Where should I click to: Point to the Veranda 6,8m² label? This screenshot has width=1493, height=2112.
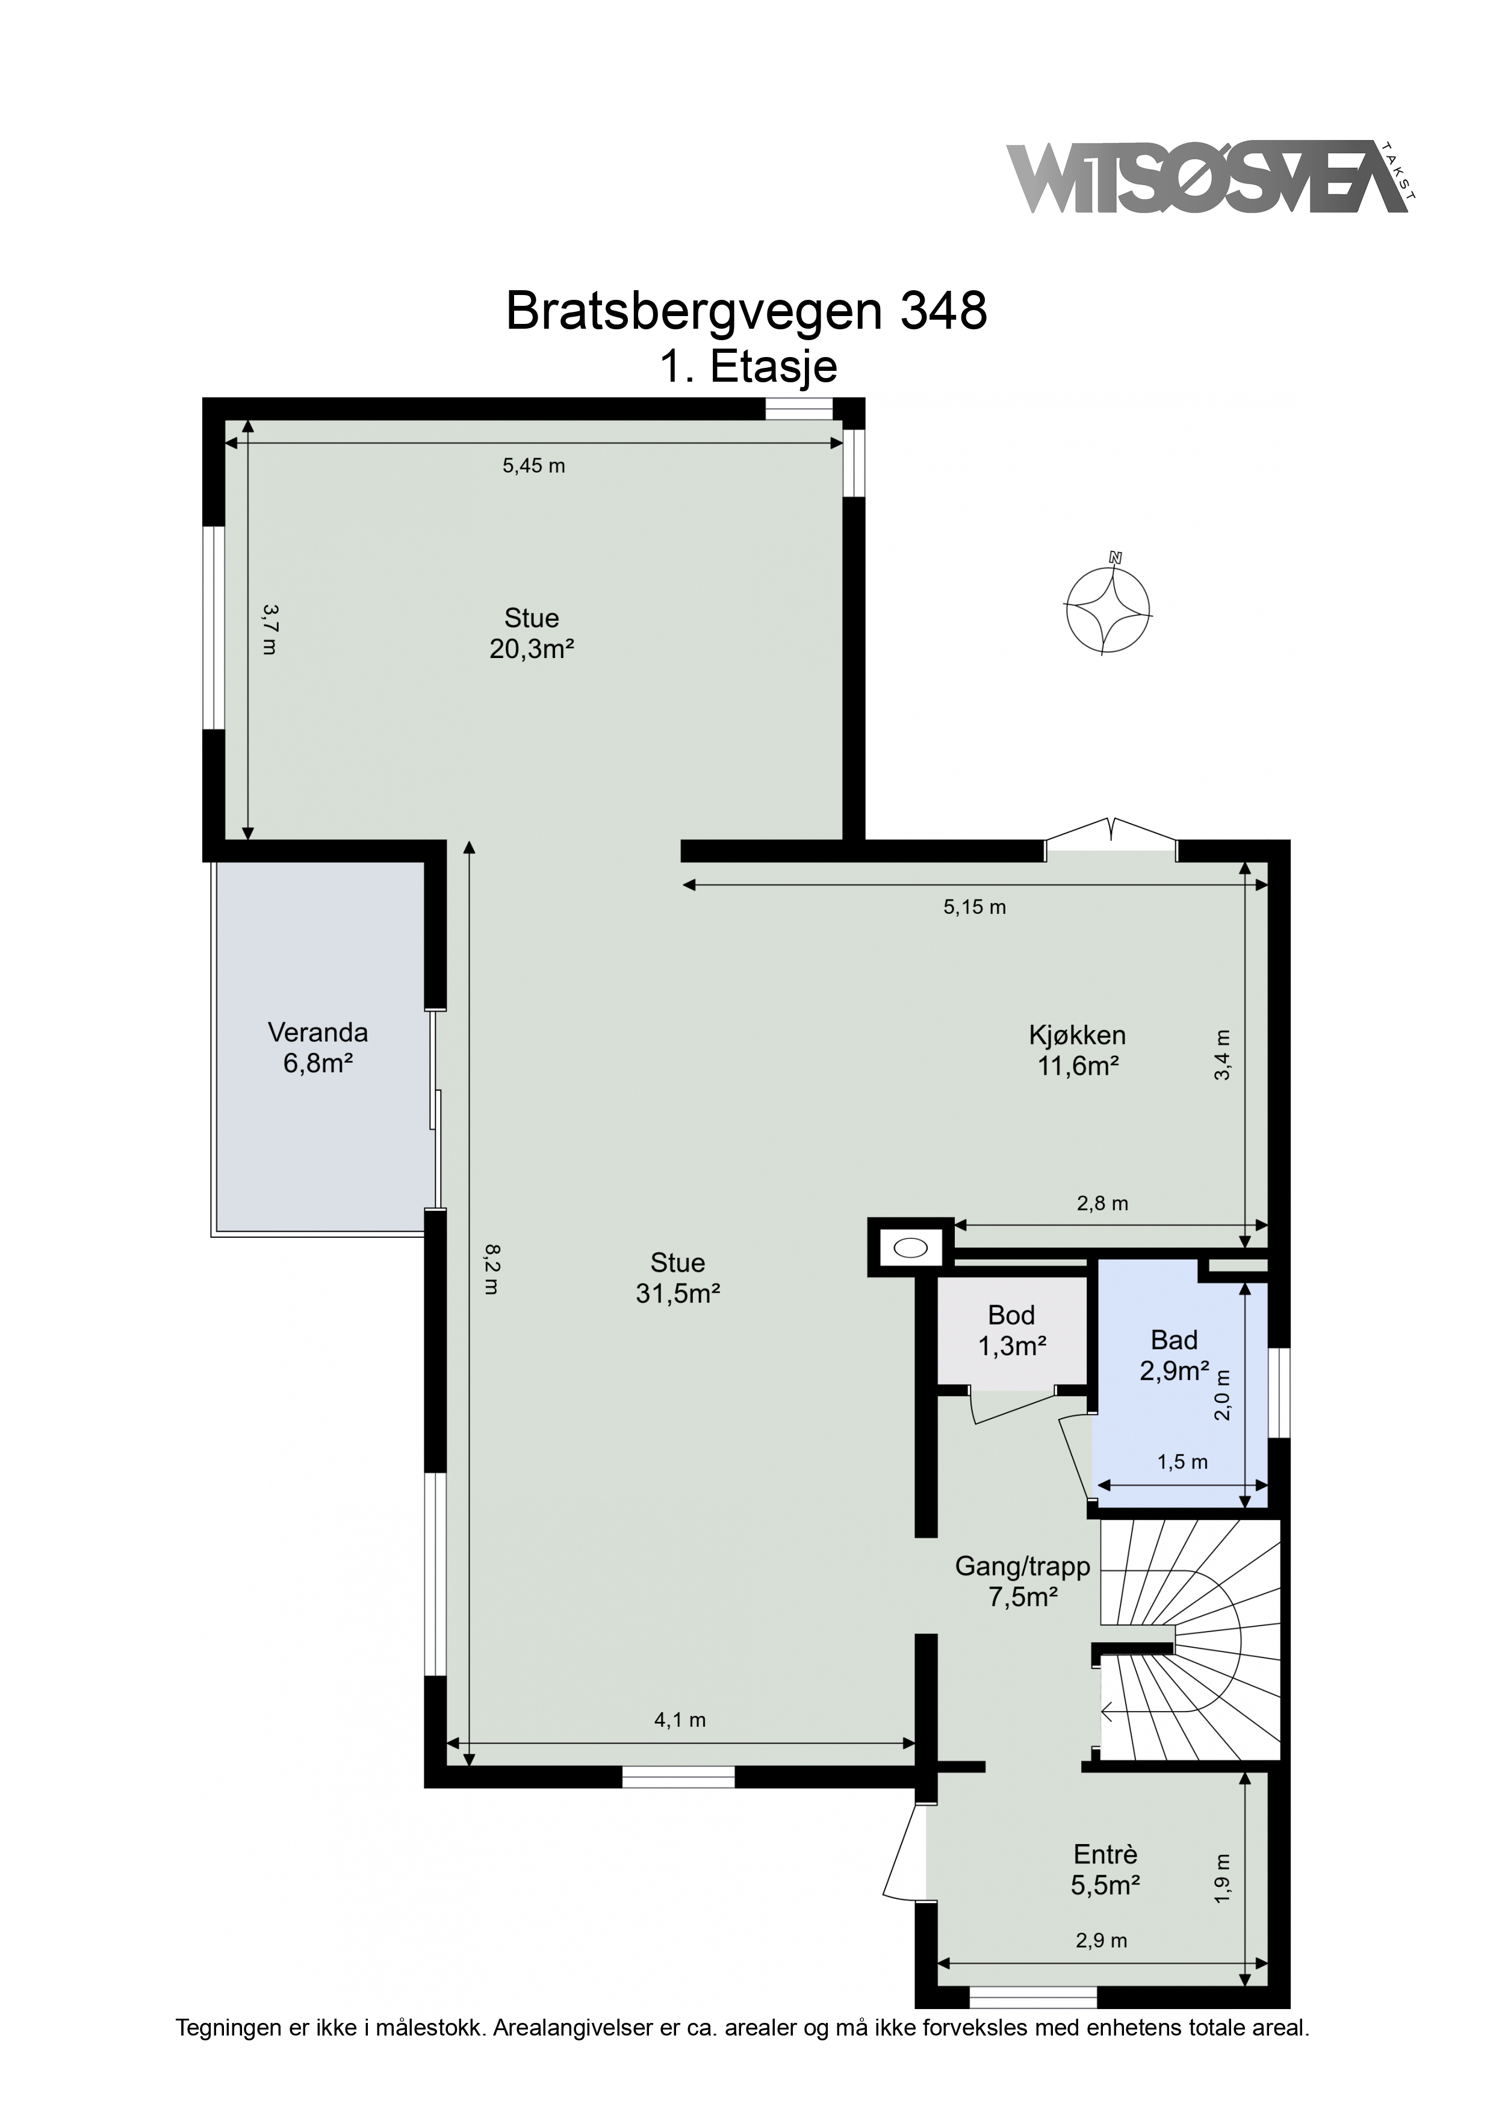[318, 1048]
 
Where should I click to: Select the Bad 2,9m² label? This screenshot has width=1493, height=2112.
[1174, 1355]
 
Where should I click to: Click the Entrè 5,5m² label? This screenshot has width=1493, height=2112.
[1106, 1870]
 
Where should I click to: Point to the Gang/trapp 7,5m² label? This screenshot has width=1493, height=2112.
[1023, 1581]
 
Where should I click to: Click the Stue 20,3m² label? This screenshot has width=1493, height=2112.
[532, 633]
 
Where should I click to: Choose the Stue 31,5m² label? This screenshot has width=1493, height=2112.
[678, 1278]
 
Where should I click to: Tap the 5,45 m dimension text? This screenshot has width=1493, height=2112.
[533, 465]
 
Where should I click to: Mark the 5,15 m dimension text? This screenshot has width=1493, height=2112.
[975, 907]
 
